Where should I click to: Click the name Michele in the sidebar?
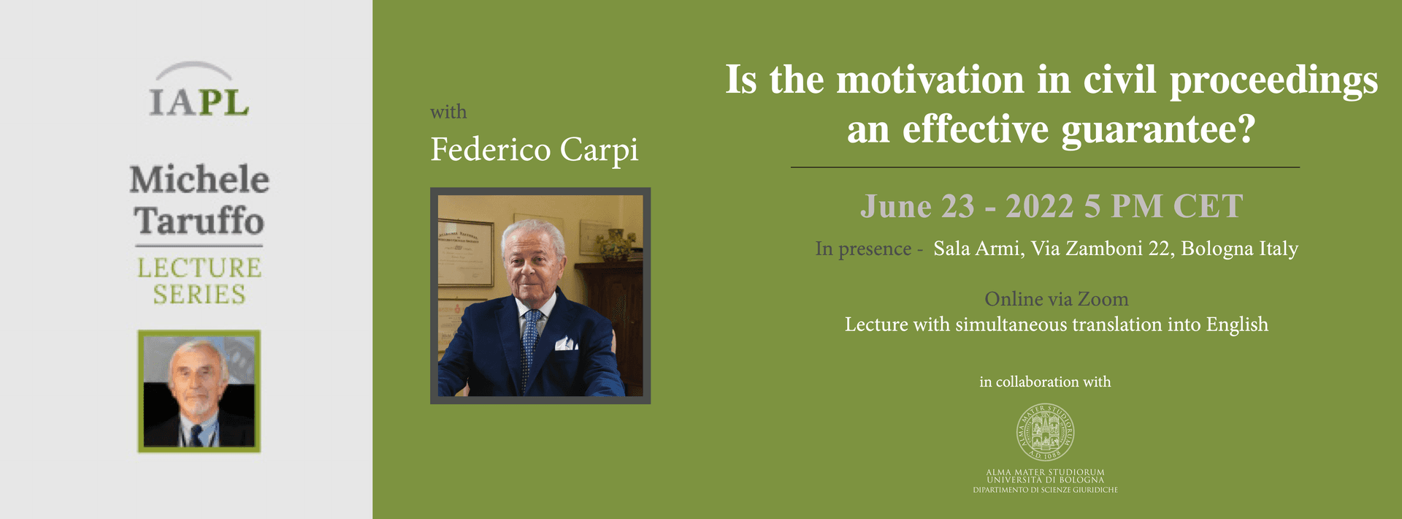click(x=199, y=180)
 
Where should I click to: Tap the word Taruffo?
click(x=199, y=221)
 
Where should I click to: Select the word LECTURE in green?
click(x=199, y=268)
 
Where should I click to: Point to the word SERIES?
click(x=199, y=295)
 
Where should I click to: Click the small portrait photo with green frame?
click(x=199, y=391)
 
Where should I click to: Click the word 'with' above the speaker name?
click(x=448, y=112)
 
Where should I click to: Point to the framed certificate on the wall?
click(x=464, y=252)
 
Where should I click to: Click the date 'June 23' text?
click(x=917, y=206)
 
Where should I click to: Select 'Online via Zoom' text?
click(x=1056, y=299)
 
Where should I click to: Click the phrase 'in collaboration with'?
click(x=1045, y=382)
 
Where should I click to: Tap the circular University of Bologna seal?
click(x=1045, y=433)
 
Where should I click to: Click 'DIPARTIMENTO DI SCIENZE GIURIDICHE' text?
click(x=1045, y=490)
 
